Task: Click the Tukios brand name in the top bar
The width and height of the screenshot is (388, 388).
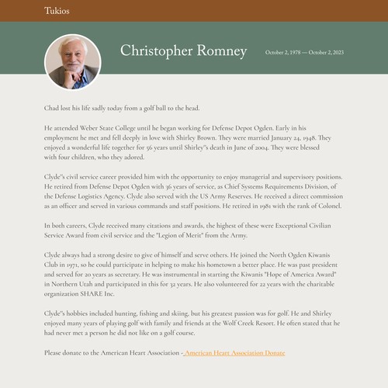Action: pyautogui.click(x=57, y=12)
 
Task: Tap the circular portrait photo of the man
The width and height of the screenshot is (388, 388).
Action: pyautogui.click(x=73, y=61)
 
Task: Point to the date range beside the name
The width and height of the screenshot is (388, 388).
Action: pyautogui.click(x=304, y=53)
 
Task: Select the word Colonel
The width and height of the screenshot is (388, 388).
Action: pyautogui.click(x=327, y=206)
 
